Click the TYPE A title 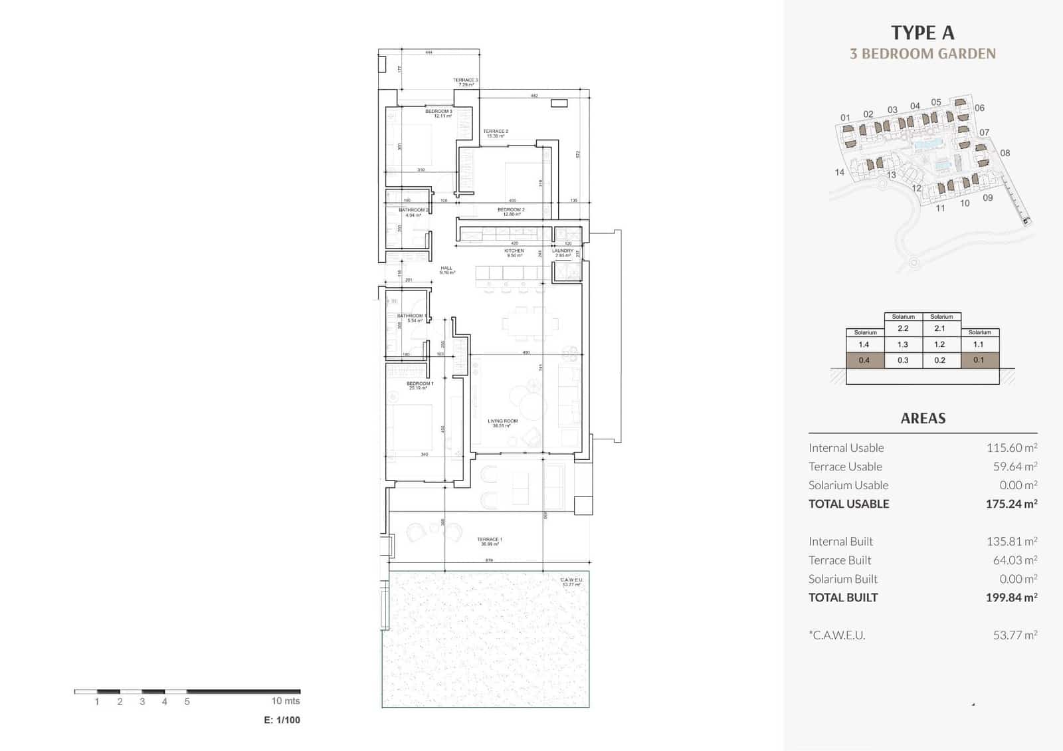pos(922,33)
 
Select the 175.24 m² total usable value pos(1011,504)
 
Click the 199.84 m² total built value pos(1011,597)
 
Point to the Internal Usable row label pos(846,448)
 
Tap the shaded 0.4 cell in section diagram pos(864,360)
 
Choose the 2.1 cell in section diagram pos(939,328)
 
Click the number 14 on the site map pos(840,172)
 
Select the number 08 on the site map pos(1005,153)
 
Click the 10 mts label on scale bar pos(286,700)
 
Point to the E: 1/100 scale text pos(282,720)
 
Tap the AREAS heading pos(923,418)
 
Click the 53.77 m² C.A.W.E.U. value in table pos(1015,635)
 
